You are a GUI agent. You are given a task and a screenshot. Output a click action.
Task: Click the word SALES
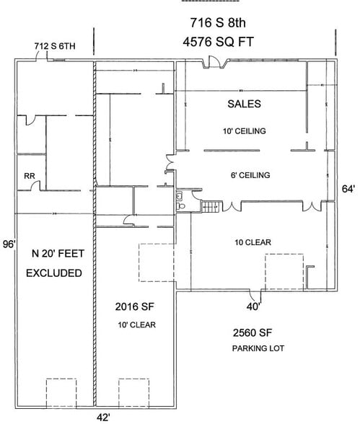244,104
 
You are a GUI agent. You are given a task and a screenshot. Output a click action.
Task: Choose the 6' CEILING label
247,175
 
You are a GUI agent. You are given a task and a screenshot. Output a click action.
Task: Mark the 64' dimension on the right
348,189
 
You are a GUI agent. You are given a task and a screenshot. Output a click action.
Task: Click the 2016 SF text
135,306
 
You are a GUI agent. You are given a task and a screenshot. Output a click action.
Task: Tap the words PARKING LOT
258,349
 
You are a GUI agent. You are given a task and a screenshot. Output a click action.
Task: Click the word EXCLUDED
53,274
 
